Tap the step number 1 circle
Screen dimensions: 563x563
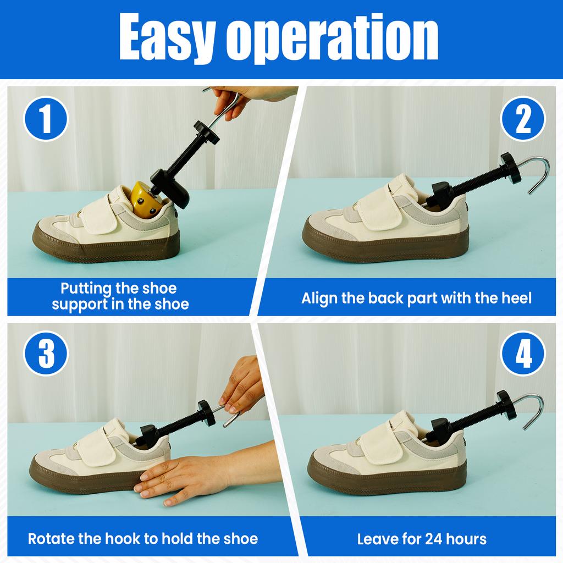pyautogui.click(x=46, y=119)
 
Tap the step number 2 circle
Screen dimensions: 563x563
pyautogui.click(x=523, y=119)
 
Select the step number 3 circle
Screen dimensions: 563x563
pyautogui.click(x=46, y=353)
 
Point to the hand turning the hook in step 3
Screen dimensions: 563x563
pyautogui.click(x=242, y=385)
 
